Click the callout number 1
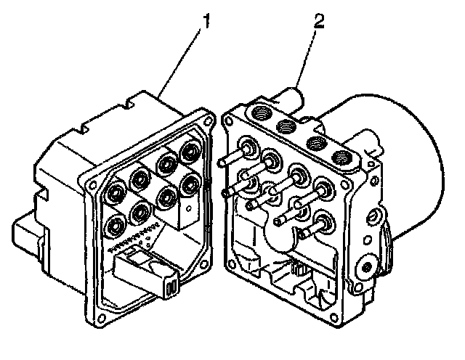(207, 22)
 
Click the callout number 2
(318, 22)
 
